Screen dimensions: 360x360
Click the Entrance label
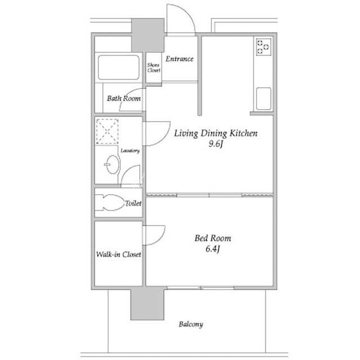[179, 59]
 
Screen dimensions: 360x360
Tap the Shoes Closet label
[154, 67]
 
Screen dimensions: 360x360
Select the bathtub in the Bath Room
[119, 67]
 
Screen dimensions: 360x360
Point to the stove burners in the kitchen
[264, 47]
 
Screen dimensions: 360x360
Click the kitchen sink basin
[264, 98]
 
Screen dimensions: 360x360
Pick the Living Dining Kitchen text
[216, 133]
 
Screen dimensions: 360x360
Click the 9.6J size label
[216, 144]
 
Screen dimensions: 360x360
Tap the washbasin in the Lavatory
[112, 164]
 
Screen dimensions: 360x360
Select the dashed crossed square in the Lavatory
[107, 131]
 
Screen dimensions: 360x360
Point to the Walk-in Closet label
[119, 254]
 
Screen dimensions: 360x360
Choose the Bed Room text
[213, 238]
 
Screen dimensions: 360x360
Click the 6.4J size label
[213, 249]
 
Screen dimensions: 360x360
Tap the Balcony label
[191, 325]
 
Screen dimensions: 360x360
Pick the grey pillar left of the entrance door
[148, 35]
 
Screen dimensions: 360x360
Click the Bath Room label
[124, 98]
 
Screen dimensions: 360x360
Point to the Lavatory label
[130, 151]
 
